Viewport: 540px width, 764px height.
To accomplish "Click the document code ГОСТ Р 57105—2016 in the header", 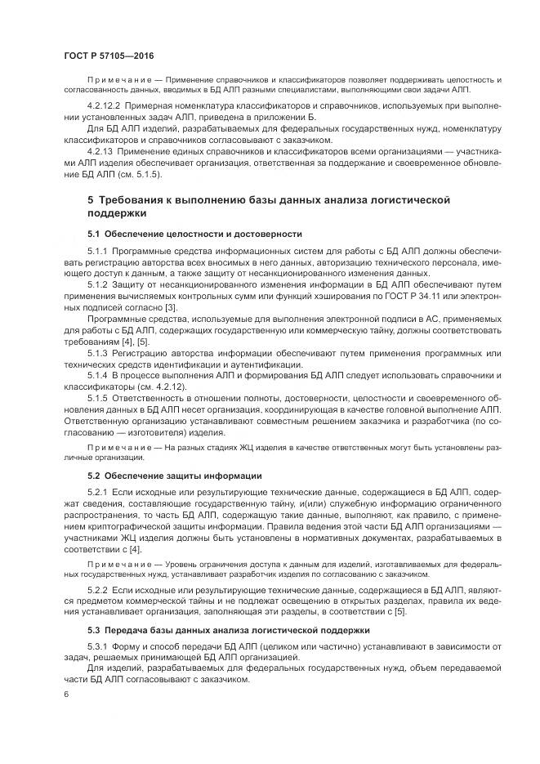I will (x=108, y=56).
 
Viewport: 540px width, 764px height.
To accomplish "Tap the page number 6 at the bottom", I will (x=66, y=694).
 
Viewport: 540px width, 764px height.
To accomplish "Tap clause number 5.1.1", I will (x=97, y=248).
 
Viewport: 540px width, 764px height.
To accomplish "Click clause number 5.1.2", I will (x=97, y=283).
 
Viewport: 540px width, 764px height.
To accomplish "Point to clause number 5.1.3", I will (x=97, y=352).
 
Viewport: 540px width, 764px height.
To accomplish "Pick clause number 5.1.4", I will (x=97, y=375).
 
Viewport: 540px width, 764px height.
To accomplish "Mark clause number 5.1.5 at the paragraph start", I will (x=97, y=398).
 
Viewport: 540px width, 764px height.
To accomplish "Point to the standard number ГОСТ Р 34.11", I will (x=421, y=294).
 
